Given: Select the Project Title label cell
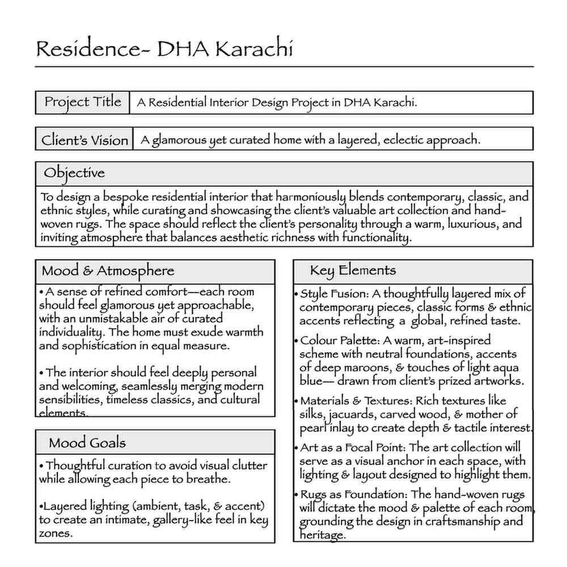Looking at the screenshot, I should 83,102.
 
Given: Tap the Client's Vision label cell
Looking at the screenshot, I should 84,139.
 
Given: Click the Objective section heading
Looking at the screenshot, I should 74,173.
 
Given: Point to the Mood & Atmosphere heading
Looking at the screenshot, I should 108,270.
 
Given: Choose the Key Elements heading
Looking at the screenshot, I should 353,270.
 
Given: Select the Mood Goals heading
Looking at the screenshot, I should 87,442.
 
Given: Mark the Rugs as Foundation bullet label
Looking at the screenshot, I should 354,494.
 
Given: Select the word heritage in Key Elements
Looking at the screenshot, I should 321,535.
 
